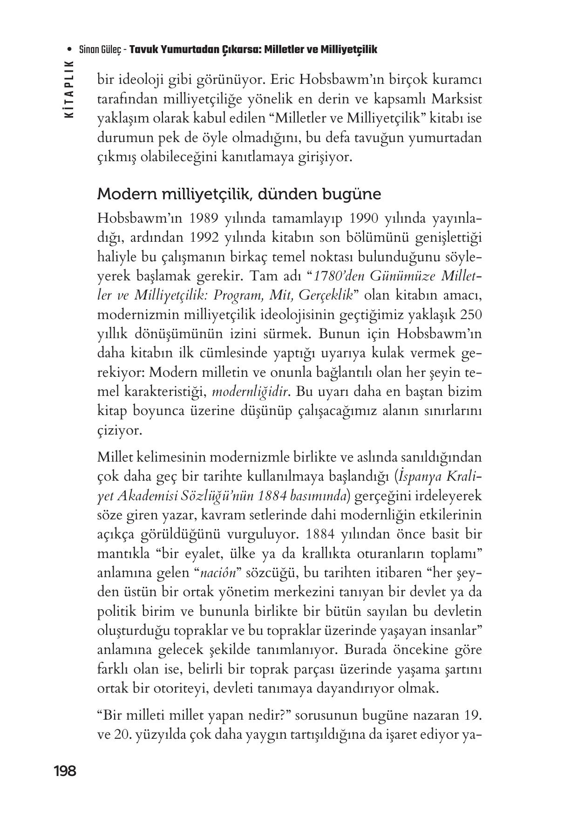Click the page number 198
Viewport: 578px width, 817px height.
pyautogui.click(x=65, y=771)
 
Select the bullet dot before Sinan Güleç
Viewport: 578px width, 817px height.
pyautogui.click(x=70, y=49)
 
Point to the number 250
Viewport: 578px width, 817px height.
pyautogui.click(x=470, y=314)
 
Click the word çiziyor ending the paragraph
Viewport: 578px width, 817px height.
pyautogui.click(x=119, y=430)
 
